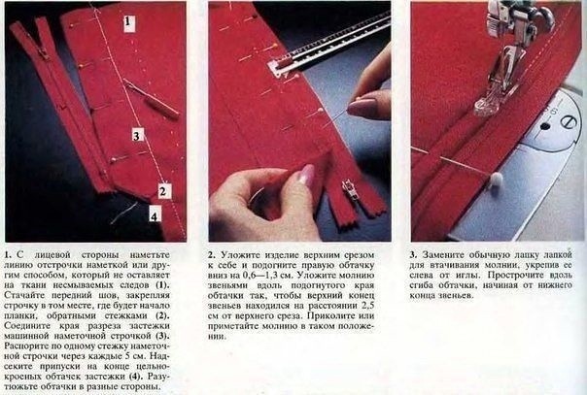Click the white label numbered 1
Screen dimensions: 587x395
pos(129,22)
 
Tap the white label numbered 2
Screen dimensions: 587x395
pos(163,191)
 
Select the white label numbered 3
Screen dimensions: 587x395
pos(137,135)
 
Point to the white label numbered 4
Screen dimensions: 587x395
pos(155,214)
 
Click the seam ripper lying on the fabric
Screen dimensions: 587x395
pos(151,99)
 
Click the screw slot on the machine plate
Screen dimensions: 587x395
pos(568,121)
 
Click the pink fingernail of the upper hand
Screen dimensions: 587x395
pos(359,107)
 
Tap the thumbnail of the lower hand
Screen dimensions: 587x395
pos(306,174)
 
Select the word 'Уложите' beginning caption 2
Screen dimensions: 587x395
pos(240,255)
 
